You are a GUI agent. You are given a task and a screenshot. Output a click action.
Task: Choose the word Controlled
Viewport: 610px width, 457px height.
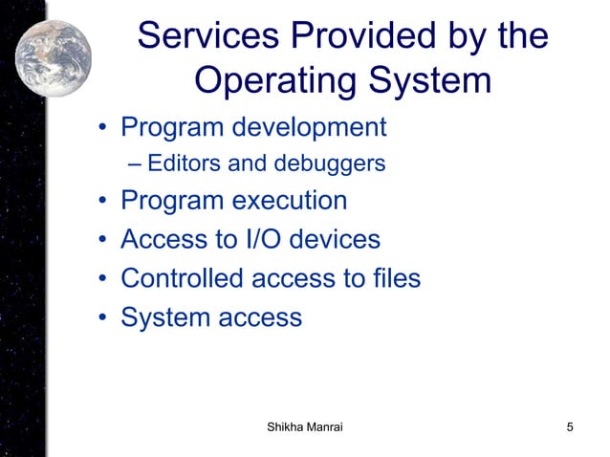[181, 278]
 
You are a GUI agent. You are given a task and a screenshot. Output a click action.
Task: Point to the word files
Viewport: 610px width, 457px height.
[395, 278]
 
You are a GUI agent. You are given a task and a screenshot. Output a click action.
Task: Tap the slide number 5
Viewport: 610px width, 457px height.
[570, 426]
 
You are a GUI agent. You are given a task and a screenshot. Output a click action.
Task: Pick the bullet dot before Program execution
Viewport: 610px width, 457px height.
[101, 203]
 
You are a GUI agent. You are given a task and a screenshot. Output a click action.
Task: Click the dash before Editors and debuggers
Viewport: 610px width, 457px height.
[133, 164]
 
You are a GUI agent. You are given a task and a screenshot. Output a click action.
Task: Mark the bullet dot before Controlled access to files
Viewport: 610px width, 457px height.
[101, 279]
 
